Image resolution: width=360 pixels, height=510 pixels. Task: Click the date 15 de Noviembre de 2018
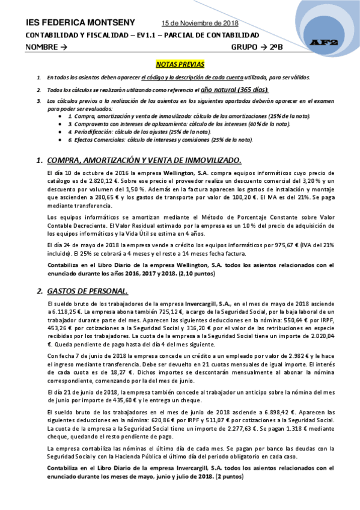pos(200,23)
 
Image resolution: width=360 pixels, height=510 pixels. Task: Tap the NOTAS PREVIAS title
pos(180,63)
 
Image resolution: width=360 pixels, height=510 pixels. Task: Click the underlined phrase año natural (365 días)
pos(242,89)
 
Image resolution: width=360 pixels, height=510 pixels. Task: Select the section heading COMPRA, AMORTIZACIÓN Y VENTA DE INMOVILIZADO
pos(144,160)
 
